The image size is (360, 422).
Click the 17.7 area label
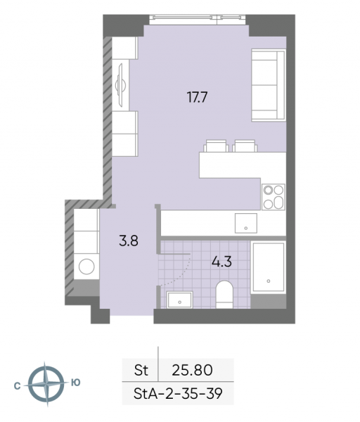click(x=197, y=97)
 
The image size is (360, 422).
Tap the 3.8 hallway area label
click(x=129, y=241)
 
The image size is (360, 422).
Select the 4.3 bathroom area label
click(x=221, y=262)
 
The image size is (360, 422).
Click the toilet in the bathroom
click(x=224, y=295)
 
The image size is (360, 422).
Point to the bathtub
click(x=269, y=267)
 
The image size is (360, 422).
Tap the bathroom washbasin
click(x=179, y=300)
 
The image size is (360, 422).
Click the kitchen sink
click(x=246, y=223)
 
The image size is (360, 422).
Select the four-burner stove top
click(x=274, y=197)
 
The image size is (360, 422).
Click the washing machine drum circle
click(x=86, y=267)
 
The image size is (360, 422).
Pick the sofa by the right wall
click(x=269, y=85)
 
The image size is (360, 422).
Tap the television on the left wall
click(x=120, y=85)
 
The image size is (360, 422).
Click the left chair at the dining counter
click(x=216, y=146)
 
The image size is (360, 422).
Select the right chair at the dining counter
click(x=245, y=146)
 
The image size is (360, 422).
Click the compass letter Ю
click(x=76, y=383)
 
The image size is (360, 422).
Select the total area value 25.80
click(x=192, y=370)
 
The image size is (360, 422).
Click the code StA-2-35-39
click(x=178, y=394)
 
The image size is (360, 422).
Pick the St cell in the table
click(x=141, y=370)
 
